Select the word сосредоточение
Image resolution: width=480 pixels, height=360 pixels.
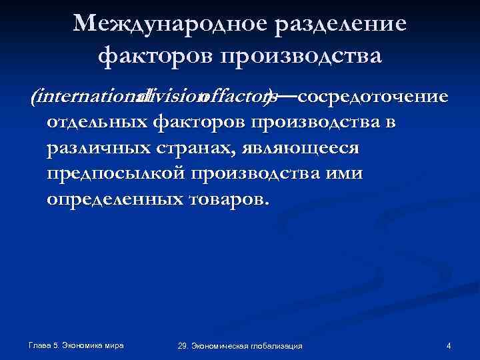(372, 97)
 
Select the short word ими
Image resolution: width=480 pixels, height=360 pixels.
(347, 173)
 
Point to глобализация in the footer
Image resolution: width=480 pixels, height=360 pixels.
(279, 345)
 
